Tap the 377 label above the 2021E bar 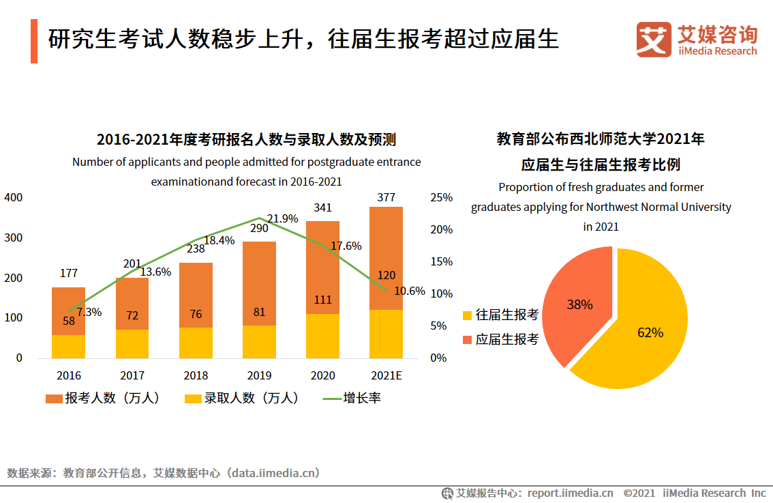[386, 198]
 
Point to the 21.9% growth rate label [282, 218]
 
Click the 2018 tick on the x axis [196, 375]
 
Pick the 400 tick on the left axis [14, 198]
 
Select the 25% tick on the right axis [442, 198]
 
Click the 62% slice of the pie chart [641, 328]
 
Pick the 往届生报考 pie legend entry [500, 315]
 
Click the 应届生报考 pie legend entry [500, 339]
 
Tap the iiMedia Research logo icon [653, 40]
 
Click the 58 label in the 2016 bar [69, 321]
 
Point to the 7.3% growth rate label [89, 312]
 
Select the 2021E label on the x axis [386, 375]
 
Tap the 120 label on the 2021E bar [386, 276]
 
